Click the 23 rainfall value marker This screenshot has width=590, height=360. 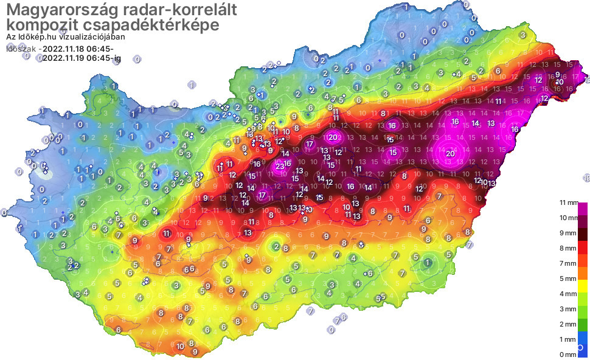[x=280, y=166]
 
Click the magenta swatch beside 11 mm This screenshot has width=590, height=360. [x=583, y=207]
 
